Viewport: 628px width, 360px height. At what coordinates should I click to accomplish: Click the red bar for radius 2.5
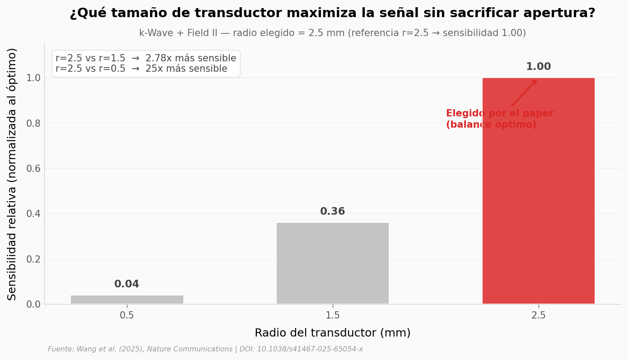pyautogui.click(x=538, y=203)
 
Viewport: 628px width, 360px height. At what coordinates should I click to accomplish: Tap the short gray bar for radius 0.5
pyautogui.click(x=127, y=300)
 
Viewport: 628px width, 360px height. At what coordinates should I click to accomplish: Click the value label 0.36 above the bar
pyautogui.click(x=332, y=212)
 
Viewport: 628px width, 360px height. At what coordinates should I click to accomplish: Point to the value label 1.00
pyautogui.click(x=538, y=67)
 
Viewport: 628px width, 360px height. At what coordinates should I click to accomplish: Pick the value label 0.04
pyautogui.click(x=127, y=284)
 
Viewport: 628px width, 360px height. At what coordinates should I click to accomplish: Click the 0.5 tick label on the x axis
pyautogui.click(x=127, y=316)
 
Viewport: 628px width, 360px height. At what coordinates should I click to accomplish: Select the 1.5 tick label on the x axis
pyautogui.click(x=332, y=316)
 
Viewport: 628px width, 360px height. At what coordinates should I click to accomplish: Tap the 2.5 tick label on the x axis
pyautogui.click(x=538, y=316)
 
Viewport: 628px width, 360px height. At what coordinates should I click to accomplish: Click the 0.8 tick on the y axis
pyautogui.click(x=32, y=123)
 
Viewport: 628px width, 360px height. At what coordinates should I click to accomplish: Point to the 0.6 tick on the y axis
pyautogui.click(x=32, y=169)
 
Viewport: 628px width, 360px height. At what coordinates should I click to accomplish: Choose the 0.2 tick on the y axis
pyautogui.click(x=32, y=259)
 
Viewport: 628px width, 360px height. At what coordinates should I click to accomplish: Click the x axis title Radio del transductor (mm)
pyautogui.click(x=332, y=333)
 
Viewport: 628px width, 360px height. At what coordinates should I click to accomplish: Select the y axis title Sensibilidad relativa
pyautogui.click(x=12, y=174)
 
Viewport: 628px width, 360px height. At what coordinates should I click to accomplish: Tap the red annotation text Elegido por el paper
pyautogui.click(x=499, y=114)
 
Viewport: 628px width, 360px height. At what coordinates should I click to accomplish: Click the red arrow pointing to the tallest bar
pyautogui.click(x=524, y=93)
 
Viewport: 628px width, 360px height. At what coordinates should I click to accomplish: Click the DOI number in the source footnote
pyautogui.click(x=311, y=349)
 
